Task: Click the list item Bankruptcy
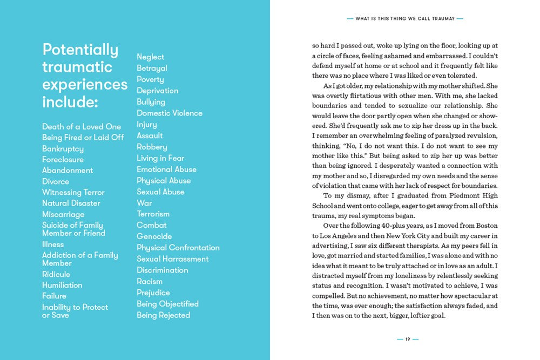click(x=63, y=148)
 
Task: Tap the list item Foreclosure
click(x=63, y=159)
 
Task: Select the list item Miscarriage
click(x=63, y=214)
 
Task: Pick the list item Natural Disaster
click(x=71, y=203)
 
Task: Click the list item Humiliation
click(x=62, y=285)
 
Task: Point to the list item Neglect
click(x=150, y=57)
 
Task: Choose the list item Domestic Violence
click(x=170, y=113)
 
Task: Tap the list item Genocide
click(x=154, y=236)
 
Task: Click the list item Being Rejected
click(x=163, y=315)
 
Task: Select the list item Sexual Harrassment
click(x=172, y=259)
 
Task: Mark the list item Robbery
click(x=152, y=147)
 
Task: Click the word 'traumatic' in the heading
click(x=77, y=67)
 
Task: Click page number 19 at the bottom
click(x=408, y=339)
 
